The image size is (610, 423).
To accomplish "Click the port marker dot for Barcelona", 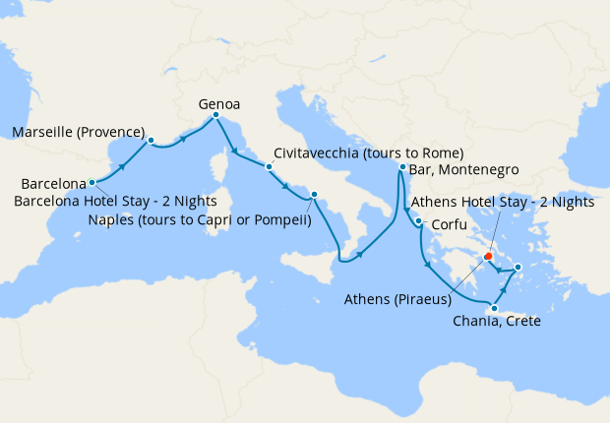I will [91, 182].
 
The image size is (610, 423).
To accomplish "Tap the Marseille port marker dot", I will [151, 140].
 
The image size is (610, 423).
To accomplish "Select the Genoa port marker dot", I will [215, 117].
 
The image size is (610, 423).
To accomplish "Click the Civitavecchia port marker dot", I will [269, 167].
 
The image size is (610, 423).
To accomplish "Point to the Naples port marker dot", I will [314, 195].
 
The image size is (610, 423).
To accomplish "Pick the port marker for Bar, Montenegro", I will [402, 168].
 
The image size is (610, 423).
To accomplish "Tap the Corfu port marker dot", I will [419, 221].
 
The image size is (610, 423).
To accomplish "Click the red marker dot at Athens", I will [487, 257].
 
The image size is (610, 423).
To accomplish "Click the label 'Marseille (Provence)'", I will [78, 133].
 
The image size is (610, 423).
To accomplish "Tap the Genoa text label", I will [219, 103].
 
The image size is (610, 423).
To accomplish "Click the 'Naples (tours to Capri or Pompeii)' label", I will [199, 219].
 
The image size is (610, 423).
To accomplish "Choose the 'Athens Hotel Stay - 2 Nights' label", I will [502, 203].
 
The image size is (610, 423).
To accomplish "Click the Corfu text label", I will [449, 224].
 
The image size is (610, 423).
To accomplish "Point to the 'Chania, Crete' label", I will [497, 322].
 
